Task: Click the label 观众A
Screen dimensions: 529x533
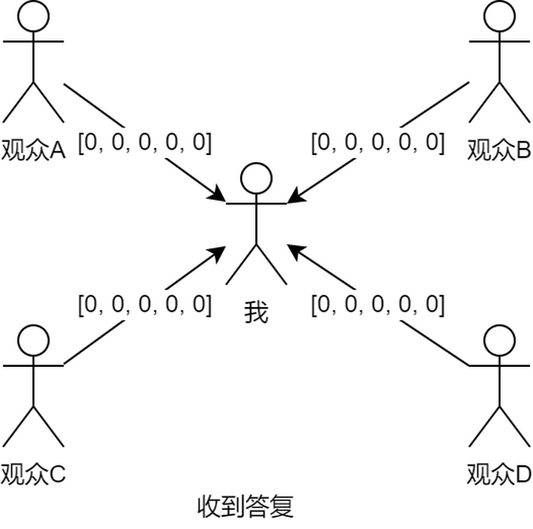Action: tap(33, 149)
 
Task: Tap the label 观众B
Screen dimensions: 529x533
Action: tap(499, 149)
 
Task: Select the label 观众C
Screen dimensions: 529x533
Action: tap(33, 474)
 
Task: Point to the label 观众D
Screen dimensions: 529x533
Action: tap(499, 475)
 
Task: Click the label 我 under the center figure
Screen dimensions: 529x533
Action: tap(256, 313)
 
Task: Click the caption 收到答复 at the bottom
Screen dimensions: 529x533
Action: tap(245, 506)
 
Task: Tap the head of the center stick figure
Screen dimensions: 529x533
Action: tap(256, 179)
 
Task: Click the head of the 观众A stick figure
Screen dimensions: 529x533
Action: tap(33, 16)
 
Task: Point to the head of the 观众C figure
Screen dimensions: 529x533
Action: tap(33, 340)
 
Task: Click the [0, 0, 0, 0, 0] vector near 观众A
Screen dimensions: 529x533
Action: tap(145, 143)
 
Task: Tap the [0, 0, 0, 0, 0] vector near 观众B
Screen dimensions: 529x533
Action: tap(377, 143)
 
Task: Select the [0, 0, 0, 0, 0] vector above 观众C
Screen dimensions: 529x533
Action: tap(145, 304)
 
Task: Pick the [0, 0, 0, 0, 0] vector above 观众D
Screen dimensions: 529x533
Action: tap(377, 304)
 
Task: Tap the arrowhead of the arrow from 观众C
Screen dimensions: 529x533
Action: tap(220, 252)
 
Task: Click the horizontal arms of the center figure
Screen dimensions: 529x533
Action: tap(256, 204)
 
